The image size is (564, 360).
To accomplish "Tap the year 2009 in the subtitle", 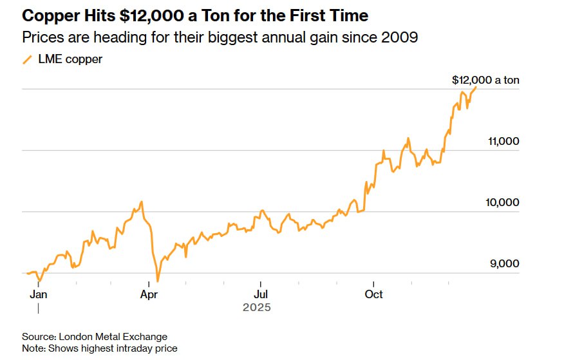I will coord(400,37).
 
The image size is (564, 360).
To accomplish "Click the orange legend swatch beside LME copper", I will coord(27,60).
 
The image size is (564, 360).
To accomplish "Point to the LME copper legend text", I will coord(70,60).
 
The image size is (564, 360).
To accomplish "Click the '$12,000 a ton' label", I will coord(485,81).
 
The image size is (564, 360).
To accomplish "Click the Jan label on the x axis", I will coord(39,294).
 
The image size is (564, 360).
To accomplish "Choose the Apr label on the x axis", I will coord(149,294).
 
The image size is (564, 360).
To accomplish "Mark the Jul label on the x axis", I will coord(260,294).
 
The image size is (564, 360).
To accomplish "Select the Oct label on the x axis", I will coord(373,294).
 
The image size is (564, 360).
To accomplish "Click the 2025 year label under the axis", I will coord(257,308).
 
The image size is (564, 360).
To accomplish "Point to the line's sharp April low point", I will coord(157,281).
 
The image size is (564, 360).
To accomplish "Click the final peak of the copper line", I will coord(476,86).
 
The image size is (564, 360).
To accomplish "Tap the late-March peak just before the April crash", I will coord(141,202).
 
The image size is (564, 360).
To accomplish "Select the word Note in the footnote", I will coord(33,348).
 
